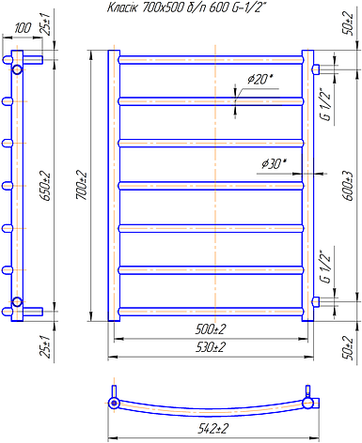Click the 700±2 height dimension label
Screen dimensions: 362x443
[x=81, y=185]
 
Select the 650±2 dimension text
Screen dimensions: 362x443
[x=44, y=186]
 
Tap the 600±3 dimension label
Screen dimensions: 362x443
[x=349, y=186]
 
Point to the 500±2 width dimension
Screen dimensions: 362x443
[x=211, y=329]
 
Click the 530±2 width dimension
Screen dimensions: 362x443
[x=211, y=347]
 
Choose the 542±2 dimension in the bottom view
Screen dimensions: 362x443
[x=212, y=429]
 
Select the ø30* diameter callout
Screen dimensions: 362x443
[x=275, y=163]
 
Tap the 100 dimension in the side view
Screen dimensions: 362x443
[x=23, y=28]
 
